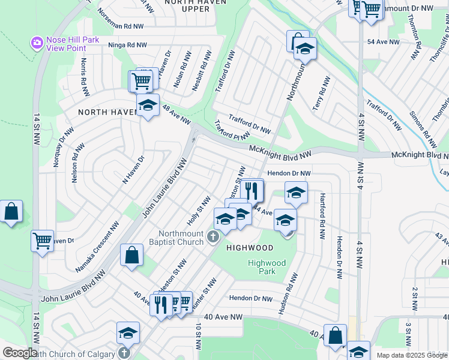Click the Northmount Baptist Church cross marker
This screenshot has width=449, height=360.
pyautogui.click(x=212, y=238)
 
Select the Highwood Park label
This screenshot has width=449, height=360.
pyautogui.click(x=267, y=267)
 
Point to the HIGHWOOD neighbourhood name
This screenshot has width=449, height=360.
pyautogui.click(x=250, y=248)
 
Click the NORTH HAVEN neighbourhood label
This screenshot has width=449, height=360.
pyautogui.click(x=100, y=112)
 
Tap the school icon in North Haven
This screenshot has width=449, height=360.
pyautogui.click(x=148, y=106)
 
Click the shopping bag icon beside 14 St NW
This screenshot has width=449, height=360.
pyautogui.click(x=11, y=212)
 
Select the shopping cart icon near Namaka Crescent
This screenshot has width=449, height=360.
pyautogui.click(x=42, y=241)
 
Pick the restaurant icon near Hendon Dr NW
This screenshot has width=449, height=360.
pyautogui.click(x=252, y=191)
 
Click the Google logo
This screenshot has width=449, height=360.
pyautogui.click(x=20, y=353)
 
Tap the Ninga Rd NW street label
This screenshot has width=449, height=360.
pyautogui.click(x=127, y=45)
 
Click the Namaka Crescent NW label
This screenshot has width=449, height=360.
pyautogui.click(x=97, y=245)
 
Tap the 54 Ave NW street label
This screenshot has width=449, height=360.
pyautogui.click(x=382, y=42)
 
